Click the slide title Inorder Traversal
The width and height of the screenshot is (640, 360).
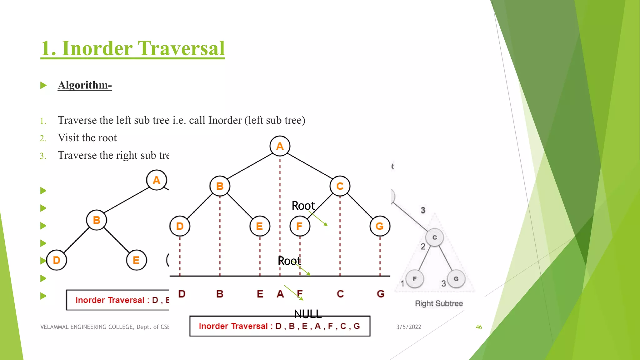pos(132,48)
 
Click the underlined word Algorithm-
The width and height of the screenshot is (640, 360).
pos(85,85)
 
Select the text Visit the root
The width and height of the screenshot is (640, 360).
pos(87,138)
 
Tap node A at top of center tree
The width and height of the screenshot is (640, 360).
pos(280,146)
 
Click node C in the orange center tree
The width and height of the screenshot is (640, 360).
pos(340,186)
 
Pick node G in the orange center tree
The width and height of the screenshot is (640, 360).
pos(380,226)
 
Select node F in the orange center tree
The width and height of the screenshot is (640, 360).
pos(299,226)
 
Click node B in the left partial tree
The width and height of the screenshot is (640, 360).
pos(97,220)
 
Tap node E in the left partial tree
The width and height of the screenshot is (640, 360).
pos(136,260)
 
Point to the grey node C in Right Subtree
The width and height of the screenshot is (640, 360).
pos(434,237)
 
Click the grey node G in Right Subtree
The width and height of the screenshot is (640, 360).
pos(456,279)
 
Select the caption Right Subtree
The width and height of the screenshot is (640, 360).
pos(439,303)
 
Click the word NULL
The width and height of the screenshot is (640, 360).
pos(308,314)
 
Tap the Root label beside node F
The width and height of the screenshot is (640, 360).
pos(303,206)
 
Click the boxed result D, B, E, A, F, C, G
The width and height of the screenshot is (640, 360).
pos(280,326)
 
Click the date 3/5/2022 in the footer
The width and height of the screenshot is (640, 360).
pos(408,327)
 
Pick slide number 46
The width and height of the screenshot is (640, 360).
pos(479,327)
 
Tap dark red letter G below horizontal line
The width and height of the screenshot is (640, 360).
pos(380,294)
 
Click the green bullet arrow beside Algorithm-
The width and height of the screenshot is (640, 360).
pos(43,85)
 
